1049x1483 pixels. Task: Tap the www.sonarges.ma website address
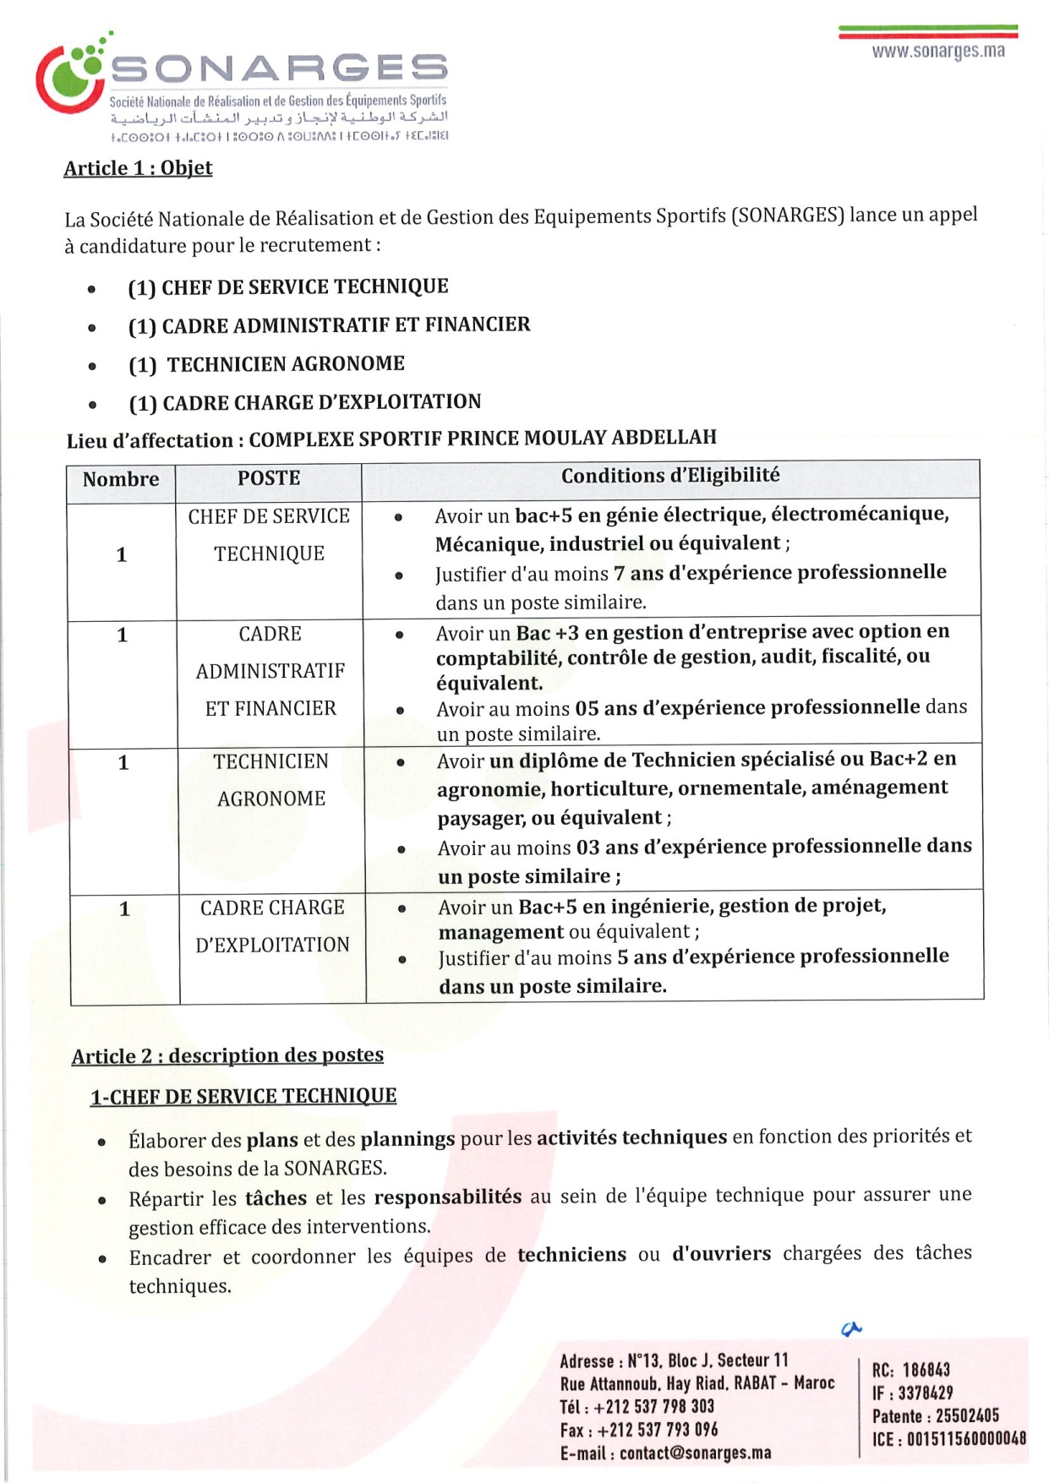[938, 52]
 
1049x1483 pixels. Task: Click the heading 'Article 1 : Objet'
[138, 168]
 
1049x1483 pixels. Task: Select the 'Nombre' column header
[121, 479]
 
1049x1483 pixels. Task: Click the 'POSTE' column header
[269, 478]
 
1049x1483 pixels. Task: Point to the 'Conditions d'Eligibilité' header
[670, 476]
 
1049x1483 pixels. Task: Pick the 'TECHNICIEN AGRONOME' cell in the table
[270, 780]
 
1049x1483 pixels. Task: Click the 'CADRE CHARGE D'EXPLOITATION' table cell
[272, 926]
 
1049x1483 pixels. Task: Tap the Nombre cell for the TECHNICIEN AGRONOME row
[123, 763]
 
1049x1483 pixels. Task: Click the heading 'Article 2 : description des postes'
[227, 1055]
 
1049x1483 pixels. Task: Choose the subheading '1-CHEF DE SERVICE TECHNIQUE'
[243, 1096]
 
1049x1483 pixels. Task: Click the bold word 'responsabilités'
[447, 1197]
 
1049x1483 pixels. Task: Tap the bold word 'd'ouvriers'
[721, 1254]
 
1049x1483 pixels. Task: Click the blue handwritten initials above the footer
[851, 1329]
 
